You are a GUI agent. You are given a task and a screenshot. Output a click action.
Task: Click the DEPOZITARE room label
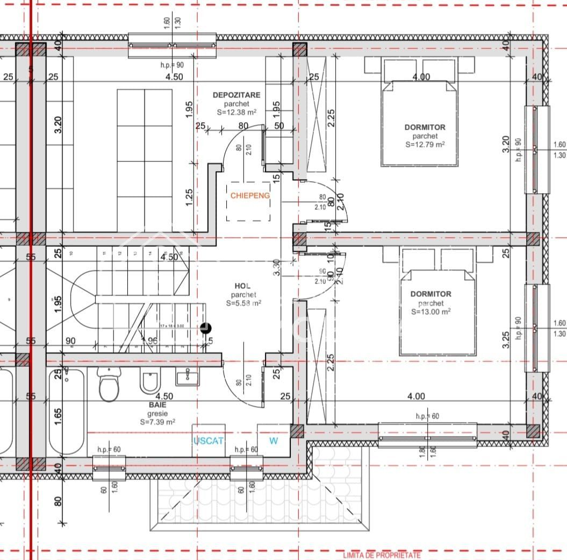(236, 95)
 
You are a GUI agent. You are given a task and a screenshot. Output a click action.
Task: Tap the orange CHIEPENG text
(250, 196)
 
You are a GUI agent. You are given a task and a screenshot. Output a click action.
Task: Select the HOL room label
(243, 286)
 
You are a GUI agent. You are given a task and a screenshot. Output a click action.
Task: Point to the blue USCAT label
(208, 441)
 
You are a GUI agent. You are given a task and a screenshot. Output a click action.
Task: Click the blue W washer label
(274, 441)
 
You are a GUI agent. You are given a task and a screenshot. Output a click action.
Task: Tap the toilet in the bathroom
(109, 385)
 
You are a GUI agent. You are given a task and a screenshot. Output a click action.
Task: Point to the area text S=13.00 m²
(430, 311)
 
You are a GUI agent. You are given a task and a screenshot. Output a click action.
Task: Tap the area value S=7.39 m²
(158, 423)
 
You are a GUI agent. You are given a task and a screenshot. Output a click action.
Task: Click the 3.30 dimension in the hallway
(277, 267)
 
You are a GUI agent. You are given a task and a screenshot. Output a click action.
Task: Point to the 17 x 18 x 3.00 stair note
(172, 325)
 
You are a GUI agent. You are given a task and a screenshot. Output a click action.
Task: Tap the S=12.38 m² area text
(236, 112)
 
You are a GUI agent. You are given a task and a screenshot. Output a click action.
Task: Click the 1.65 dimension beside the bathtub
(58, 416)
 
